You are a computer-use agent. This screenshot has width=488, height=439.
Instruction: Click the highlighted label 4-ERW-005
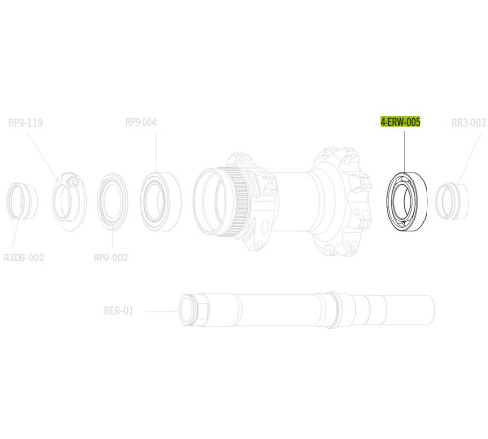[x=400, y=123]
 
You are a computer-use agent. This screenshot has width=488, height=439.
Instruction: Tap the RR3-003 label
[x=468, y=123]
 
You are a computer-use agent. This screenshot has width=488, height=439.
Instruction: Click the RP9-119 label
[x=25, y=123]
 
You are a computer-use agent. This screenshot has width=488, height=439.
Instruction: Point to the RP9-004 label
[x=141, y=123]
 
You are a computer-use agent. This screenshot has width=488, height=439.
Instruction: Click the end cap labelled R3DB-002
[x=23, y=202]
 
